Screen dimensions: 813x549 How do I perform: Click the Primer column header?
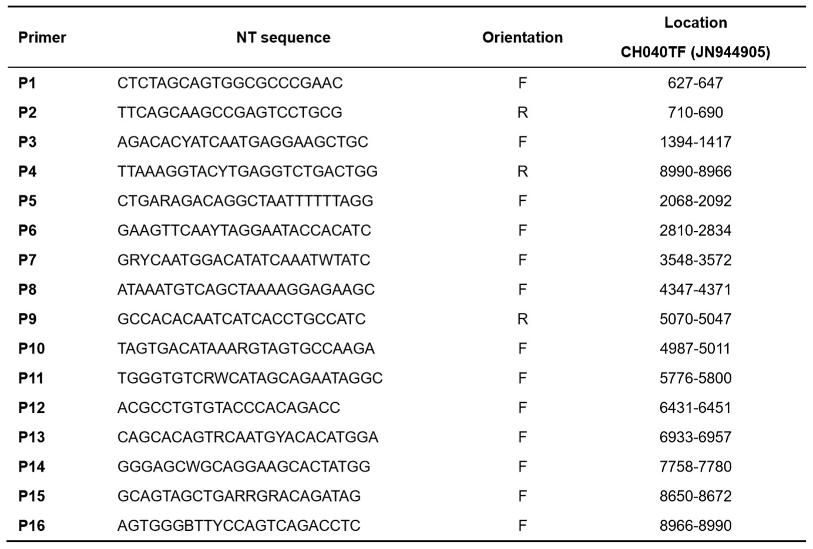point(42,38)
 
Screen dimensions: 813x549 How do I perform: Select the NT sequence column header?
point(283,38)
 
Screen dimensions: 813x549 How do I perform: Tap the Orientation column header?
point(522,38)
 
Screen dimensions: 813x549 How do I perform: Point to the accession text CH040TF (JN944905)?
point(695,52)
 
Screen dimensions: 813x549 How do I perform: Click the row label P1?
point(27,83)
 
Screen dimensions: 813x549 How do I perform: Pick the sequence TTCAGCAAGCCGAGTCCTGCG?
point(230,113)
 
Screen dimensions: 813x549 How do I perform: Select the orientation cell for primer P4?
point(522,171)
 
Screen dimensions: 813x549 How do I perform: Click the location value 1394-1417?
point(695,142)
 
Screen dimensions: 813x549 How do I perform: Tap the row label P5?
point(27,201)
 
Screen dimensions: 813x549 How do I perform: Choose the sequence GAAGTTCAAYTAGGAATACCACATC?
point(244,230)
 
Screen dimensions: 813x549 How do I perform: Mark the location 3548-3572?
point(695,260)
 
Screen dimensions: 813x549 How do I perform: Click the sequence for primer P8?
point(246,289)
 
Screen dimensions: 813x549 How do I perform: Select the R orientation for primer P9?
point(522,319)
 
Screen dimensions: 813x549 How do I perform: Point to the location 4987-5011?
point(695,349)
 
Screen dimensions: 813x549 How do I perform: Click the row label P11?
point(31,378)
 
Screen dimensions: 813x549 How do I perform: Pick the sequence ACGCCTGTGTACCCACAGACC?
point(229,407)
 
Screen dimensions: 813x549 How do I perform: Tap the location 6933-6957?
point(695,437)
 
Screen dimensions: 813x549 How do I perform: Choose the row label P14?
point(32,467)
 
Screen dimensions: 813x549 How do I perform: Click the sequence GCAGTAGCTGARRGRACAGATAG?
point(239,496)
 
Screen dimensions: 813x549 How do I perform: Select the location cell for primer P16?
point(695,526)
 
